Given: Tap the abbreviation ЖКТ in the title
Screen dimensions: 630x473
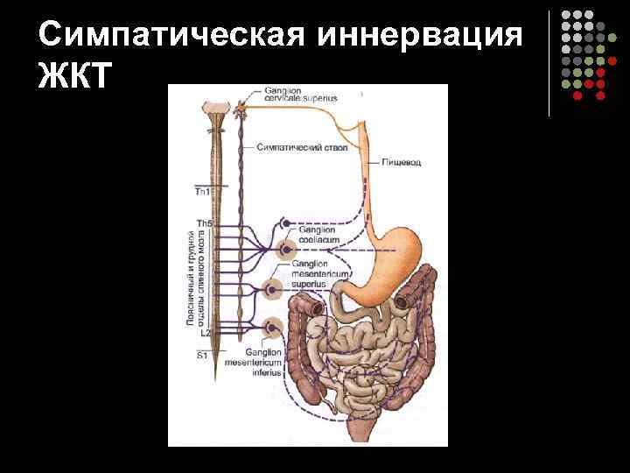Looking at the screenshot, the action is (x=75, y=77).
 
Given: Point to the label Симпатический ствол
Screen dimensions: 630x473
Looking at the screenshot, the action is (x=304, y=148).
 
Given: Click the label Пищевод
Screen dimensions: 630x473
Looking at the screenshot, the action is (x=400, y=163).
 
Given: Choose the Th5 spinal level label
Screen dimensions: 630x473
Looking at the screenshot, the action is (x=203, y=223).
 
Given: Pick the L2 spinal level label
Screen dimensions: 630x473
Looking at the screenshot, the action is (x=205, y=333).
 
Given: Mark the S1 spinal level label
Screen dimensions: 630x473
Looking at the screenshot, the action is (x=202, y=355).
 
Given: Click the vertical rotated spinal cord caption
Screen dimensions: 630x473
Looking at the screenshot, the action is (x=196, y=278).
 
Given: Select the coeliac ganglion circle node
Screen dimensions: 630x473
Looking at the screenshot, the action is (x=285, y=251).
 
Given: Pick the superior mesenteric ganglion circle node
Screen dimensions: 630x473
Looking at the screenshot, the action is (x=273, y=288).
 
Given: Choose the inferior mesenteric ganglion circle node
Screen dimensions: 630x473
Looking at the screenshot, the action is (x=272, y=329).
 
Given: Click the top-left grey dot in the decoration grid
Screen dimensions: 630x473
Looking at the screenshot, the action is (x=565, y=16).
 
